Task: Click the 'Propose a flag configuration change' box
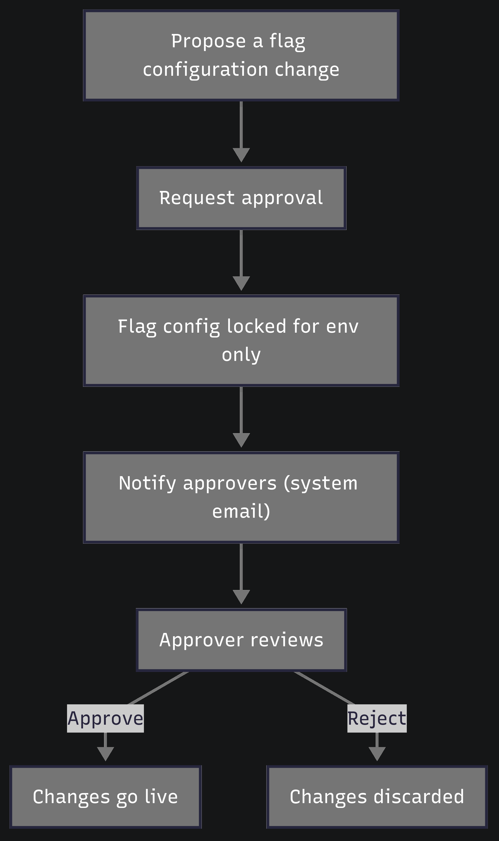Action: pyautogui.click(x=241, y=55)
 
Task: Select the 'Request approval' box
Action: pyautogui.click(x=241, y=198)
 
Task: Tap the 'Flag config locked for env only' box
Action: pyautogui.click(x=241, y=341)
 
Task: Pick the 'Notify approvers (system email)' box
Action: pyautogui.click(x=241, y=497)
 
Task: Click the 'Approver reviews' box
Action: pyautogui.click(x=241, y=640)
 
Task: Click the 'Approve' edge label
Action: pyautogui.click(x=105, y=718)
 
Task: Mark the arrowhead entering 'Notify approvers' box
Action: pyautogui.click(x=241, y=440)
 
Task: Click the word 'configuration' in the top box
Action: pyautogui.click(x=205, y=70)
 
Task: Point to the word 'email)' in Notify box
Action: pyautogui.click(x=241, y=511)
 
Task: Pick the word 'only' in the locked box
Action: pyautogui.click(x=241, y=355)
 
